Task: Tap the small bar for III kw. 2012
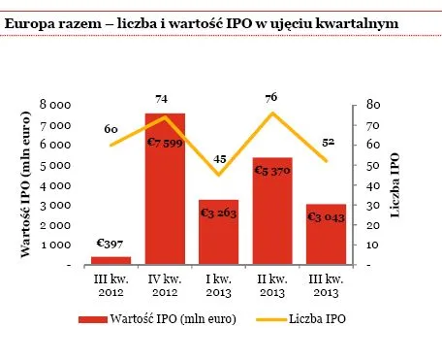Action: (110, 260)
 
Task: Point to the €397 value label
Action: (111, 243)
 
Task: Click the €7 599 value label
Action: (165, 143)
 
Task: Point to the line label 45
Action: (219, 159)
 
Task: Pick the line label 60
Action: (111, 129)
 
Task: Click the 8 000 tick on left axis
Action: (55, 104)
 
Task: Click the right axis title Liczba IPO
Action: (395, 184)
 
